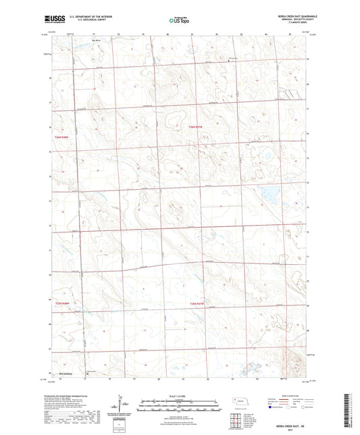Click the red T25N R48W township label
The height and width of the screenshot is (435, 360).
(x=63, y=303)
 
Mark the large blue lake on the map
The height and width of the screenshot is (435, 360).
(x=265, y=196)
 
